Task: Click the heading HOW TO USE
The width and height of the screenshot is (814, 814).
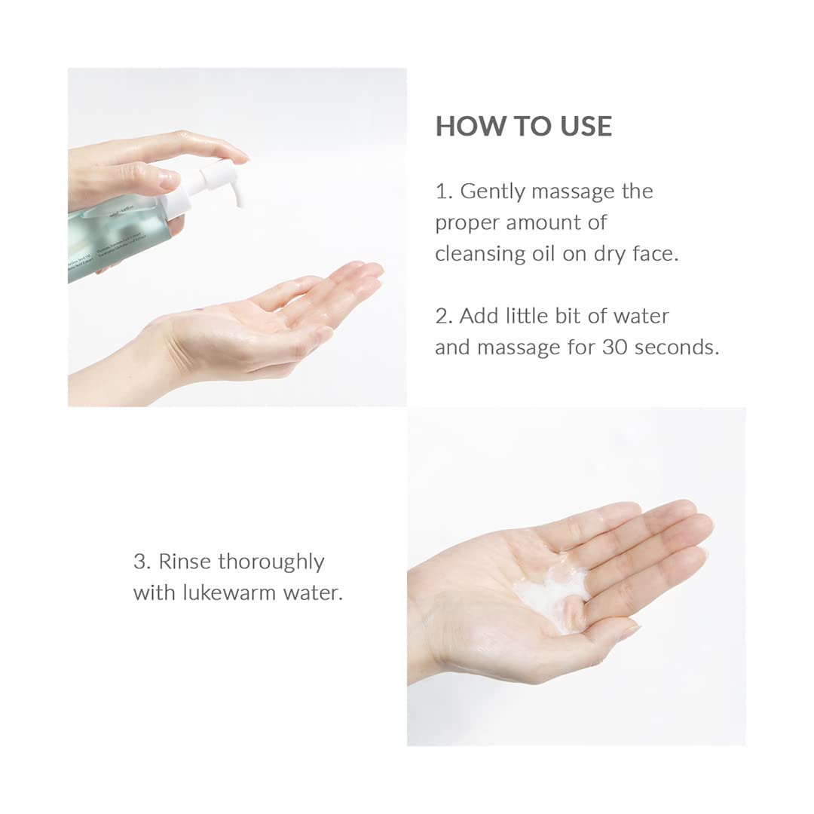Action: click(523, 126)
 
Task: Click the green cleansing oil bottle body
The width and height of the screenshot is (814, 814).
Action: click(113, 241)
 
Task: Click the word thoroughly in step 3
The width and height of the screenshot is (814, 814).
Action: click(271, 562)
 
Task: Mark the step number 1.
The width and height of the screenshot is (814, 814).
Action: click(442, 191)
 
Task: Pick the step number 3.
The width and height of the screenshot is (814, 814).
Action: click(140, 562)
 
